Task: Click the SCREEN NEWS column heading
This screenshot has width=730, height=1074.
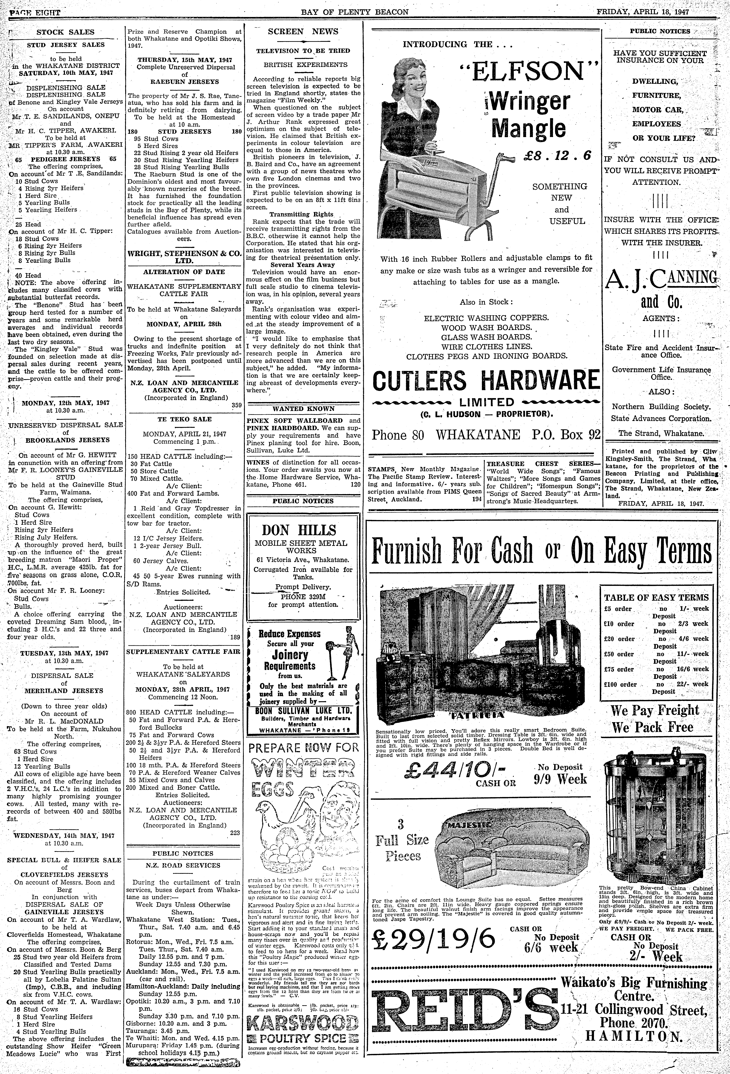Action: click(x=303, y=31)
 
